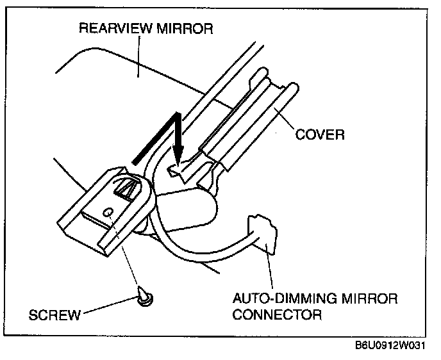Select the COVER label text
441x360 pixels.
pyautogui.click(x=320, y=135)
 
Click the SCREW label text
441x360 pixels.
pyautogui.click(x=54, y=315)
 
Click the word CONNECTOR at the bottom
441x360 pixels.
pyautogui.click(x=276, y=315)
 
